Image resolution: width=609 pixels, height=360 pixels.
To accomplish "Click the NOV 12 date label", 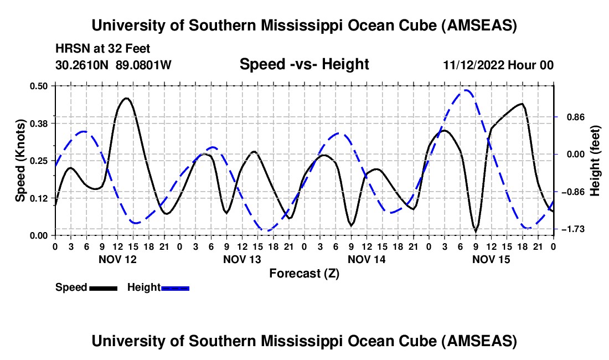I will pyautogui.click(x=117, y=259).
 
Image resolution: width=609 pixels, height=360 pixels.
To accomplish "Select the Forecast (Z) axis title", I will pyautogui.click(x=304, y=273).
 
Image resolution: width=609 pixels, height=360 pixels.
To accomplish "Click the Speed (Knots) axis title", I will pyautogui.click(x=20, y=160).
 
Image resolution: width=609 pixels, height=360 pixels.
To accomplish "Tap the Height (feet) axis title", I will pyautogui.click(x=595, y=160).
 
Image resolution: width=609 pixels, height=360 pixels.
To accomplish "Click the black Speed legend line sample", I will pyautogui.click(x=103, y=288).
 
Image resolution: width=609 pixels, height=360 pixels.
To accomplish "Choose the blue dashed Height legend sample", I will pyautogui.click(x=176, y=288).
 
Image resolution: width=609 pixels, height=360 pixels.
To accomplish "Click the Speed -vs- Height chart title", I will pyautogui.click(x=304, y=65).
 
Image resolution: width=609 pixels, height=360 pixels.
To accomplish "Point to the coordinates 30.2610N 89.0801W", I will pyautogui.click(x=113, y=65).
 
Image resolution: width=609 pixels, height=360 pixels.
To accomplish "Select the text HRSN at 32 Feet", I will pyautogui.click(x=103, y=49).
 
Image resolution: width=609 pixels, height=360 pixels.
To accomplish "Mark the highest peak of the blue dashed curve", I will pyautogui.click(x=467, y=90).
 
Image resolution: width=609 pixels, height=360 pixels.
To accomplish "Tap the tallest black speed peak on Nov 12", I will pyautogui.click(x=127, y=99).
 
